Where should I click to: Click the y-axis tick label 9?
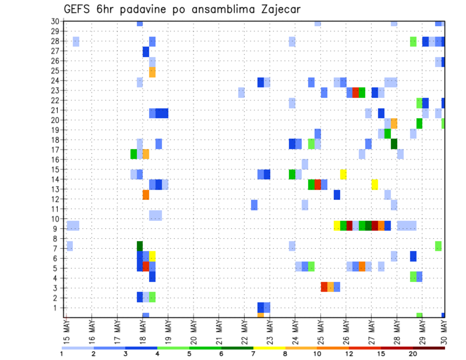[x=57, y=229]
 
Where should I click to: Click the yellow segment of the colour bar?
[x=269, y=348]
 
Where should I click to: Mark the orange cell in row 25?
[x=152, y=72]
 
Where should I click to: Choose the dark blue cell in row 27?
[x=146, y=51]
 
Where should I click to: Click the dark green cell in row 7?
[x=140, y=246]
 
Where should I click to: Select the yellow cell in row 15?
[x=343, y=174]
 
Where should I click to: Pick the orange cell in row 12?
[x=146, y=195]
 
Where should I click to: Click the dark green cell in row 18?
[x=394, y=144]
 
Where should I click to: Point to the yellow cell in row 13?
[x=375, y=184]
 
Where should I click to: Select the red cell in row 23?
[x=356, y=92]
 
